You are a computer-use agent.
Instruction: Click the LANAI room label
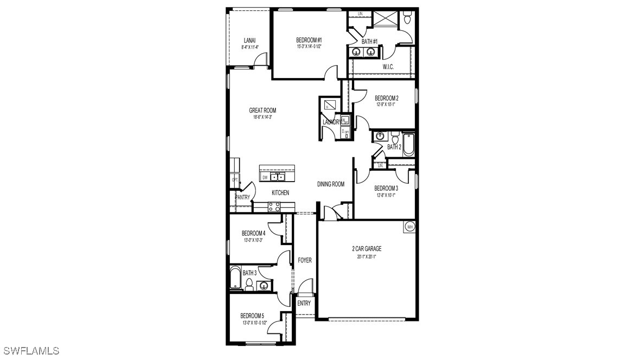point(249,40)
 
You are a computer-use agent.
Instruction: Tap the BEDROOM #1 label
point(309,40)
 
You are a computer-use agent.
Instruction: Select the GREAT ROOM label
point(262,111)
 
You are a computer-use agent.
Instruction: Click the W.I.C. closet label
point(388,67)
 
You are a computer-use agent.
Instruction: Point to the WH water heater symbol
point(410,227)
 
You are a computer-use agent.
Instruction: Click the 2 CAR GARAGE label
point(367,249)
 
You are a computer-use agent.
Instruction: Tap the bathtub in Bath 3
point(235,278)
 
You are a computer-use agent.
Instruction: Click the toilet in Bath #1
point(408,20)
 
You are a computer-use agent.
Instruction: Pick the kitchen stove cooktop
point(274,207)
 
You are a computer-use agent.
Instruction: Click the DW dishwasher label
point(265,177)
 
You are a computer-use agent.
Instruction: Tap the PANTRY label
point(242,197)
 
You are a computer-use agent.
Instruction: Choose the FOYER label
point(305,260)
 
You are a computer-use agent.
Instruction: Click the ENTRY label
point(304,303)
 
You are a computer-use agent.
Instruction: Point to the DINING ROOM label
point(331,184)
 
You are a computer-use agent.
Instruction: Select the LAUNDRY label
point(331,122)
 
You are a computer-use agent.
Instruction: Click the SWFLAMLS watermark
point(30,351)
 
